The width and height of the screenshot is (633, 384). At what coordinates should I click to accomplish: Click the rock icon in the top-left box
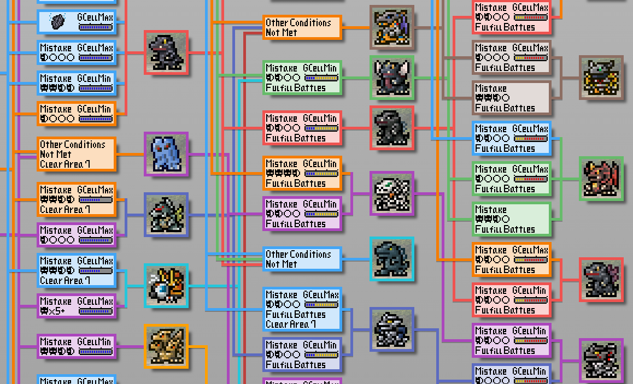coord(58,21)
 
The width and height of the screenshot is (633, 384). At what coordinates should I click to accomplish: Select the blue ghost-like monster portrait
coord(166,154)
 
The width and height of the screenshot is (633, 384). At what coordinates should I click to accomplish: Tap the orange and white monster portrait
coord(166,285)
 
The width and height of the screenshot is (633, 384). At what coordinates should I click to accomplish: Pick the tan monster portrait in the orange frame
coord(166,346)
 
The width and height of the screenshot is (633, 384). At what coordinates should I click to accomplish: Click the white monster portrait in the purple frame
coord(392,193)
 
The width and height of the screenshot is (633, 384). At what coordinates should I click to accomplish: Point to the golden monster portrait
coord(601,78)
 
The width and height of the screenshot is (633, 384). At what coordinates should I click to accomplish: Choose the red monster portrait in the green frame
coord(601,179)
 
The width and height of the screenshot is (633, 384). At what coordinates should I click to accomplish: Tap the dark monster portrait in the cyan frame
coord(391,259)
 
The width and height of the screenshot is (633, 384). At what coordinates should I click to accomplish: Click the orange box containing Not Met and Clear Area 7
coord(77,154)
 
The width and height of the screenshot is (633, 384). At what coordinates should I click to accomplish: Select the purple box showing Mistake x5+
coord(77,306)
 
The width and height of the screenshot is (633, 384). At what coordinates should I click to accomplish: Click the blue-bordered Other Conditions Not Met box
coord(302,259)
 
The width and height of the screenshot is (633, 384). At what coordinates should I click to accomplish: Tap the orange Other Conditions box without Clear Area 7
coord(302,27)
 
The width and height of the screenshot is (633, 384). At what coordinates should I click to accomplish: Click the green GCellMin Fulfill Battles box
coord(302,78)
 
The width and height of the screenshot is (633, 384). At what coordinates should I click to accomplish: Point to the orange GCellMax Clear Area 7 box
coord(77,199)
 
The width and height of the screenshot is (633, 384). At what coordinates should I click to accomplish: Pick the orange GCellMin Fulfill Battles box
coord(302,173)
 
